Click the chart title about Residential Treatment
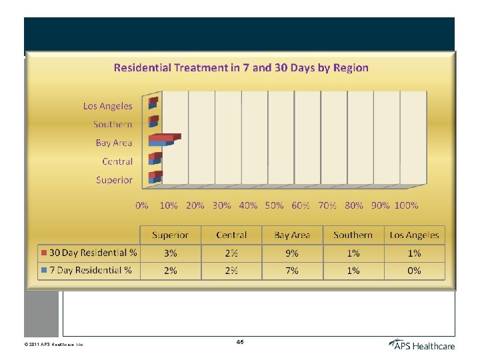coord(241,67)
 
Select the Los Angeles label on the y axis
coord(107,105)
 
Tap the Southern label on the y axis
coord(113,124)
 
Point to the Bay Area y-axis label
coord(114,143)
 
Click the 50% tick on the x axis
coord(274,205)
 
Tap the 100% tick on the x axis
coord(406,205)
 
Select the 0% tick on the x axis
coord(142,205)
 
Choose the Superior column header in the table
coord(170,235)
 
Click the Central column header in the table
coord(231,235)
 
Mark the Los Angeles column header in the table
coord(414,235)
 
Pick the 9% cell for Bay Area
coord(292,253)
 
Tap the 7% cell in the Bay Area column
coord(292,270)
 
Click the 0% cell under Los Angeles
coord(414,270)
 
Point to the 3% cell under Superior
coord(170,253)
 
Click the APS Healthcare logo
coord(421,345)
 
